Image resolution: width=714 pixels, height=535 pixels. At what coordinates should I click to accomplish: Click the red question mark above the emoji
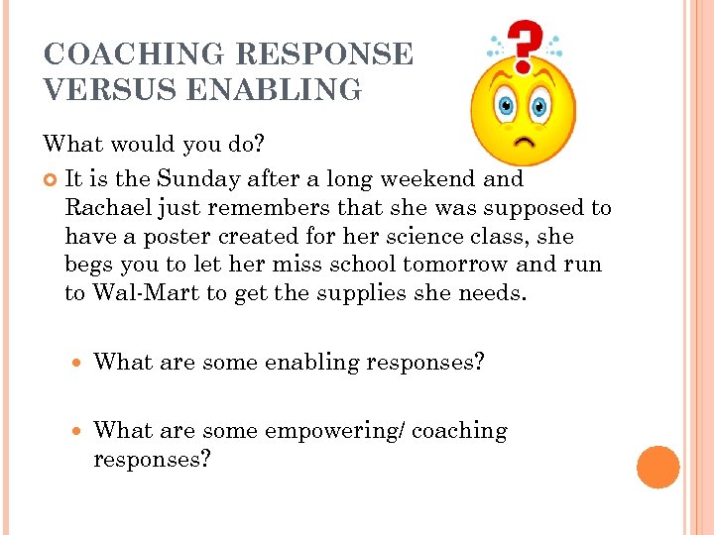pos(524,43)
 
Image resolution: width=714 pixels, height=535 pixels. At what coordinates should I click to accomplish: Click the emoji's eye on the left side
pos(505,104)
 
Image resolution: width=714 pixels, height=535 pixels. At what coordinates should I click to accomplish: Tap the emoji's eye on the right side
pos(540,104)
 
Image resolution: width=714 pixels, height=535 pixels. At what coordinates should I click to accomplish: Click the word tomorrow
pos(460,266)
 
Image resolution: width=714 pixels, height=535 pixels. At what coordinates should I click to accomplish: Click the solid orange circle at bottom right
pos(657,468)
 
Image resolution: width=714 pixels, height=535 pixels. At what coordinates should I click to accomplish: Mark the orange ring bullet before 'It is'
pos(52,180)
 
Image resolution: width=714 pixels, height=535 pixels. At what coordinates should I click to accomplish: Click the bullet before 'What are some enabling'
pos(78,363)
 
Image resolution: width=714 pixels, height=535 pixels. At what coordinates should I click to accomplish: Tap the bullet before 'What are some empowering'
pos(78,432)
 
